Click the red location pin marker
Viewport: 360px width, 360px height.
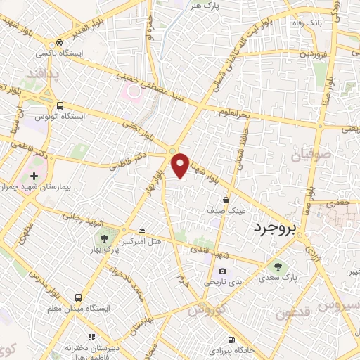coord(180,164)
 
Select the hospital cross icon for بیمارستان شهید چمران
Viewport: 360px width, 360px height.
coord(33,174)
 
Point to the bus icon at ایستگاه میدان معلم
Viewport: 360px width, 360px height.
coord(79,297)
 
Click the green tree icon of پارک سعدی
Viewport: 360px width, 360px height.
coord(276,266)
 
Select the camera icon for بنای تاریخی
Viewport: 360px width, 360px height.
coord(222,271)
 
